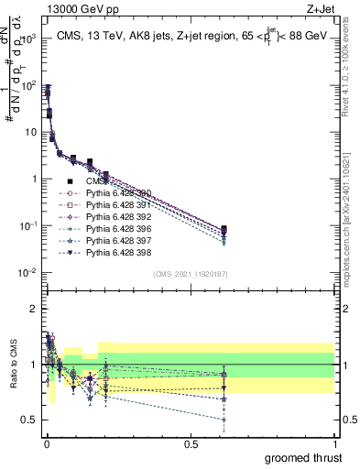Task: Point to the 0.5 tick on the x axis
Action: [x=191, y=444]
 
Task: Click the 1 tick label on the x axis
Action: [x=335, y=444]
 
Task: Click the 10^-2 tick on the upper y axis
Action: [x=27, y=273]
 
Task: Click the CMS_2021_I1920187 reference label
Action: [x=190, y=273]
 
